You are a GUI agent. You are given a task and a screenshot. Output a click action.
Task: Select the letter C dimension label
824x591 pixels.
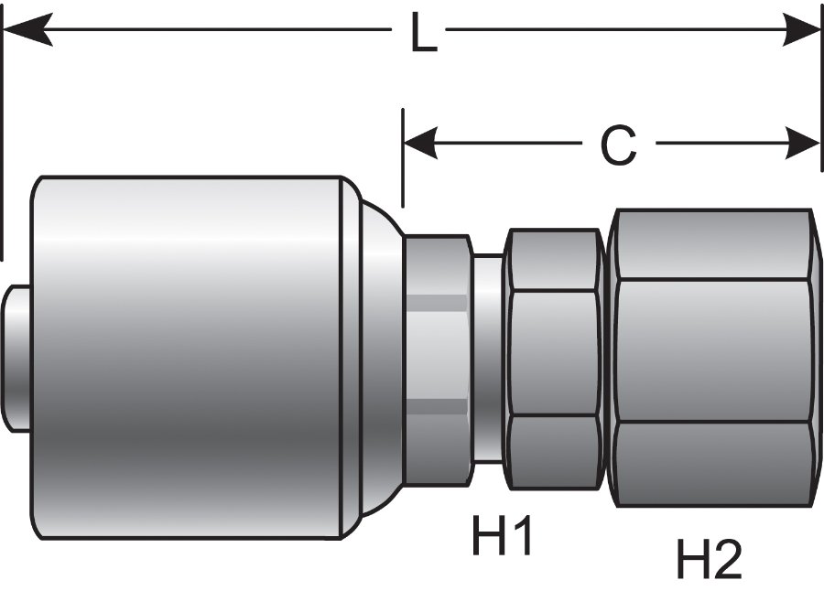[x=619, y=145]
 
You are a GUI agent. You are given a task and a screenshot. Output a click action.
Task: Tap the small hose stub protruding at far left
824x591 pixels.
[x=16, y=357]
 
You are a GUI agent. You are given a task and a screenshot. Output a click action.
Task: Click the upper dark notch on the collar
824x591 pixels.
[x=437, y=304]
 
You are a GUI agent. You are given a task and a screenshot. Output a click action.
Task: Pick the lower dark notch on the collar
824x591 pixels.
[x=437, y=408]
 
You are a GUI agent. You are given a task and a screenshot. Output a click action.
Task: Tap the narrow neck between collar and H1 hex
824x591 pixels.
[x=487, y=357]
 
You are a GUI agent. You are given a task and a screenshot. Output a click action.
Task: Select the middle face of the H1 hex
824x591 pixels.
[x=554, y=353]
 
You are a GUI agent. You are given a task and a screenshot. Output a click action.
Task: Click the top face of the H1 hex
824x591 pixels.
[x=554, y=260]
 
